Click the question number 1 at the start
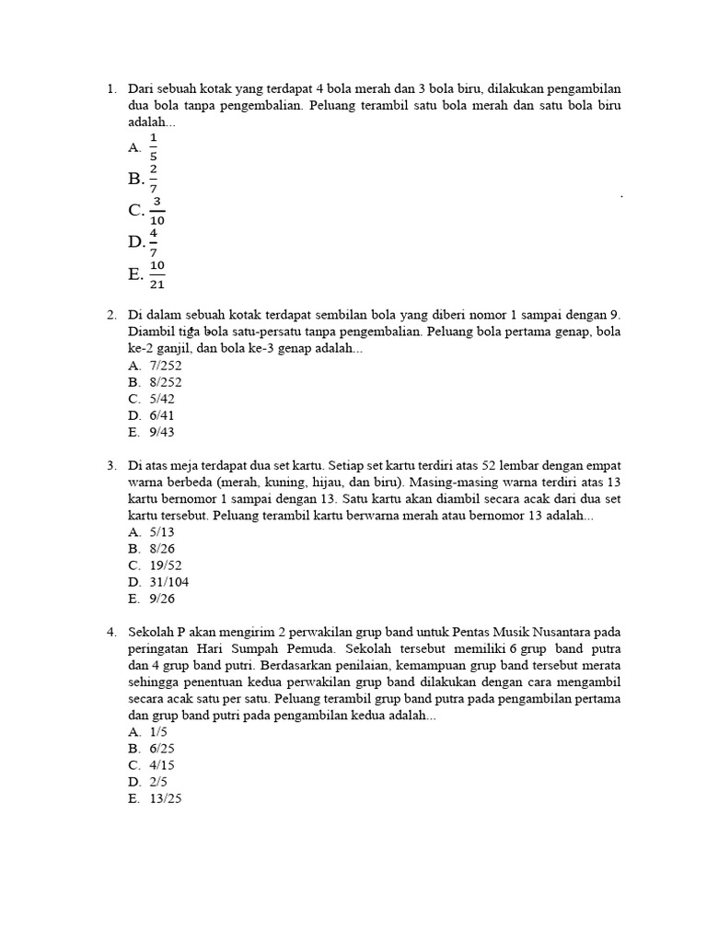[x=110, y=89]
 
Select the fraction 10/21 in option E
[x=157, y=274]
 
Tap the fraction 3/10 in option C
[x=157, y=211]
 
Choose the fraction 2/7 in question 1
[x=153, y=178]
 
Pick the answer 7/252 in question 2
[x=166, y=365]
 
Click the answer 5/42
[x=162, y=398]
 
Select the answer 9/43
[x=162, y=431]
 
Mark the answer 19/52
[x=166, y=565]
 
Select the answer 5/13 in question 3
[x=162, y=532]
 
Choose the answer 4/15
[x=162, y=764]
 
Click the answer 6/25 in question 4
[x=162, y=748]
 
